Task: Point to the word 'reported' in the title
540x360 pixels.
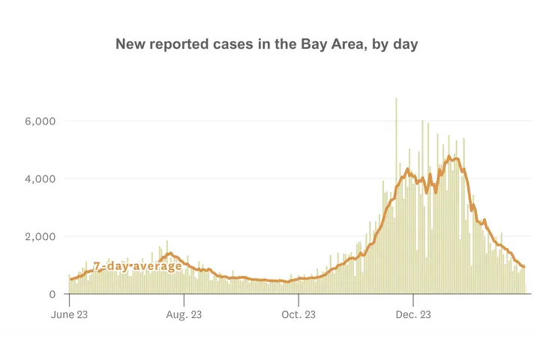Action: pyautogui.click(x=179, y=45)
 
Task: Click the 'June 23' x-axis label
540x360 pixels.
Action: pyautogui.click(x=73, y=314)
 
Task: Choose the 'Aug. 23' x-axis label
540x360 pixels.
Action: pyautogui.click(x=184, y=314)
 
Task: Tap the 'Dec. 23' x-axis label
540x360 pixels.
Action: pyautogui.click(x=413, y=314)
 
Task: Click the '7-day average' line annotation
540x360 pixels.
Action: pyautogui.click(x=137, y=266)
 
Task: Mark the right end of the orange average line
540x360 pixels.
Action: pyautogui.click(x=523, y=266)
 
